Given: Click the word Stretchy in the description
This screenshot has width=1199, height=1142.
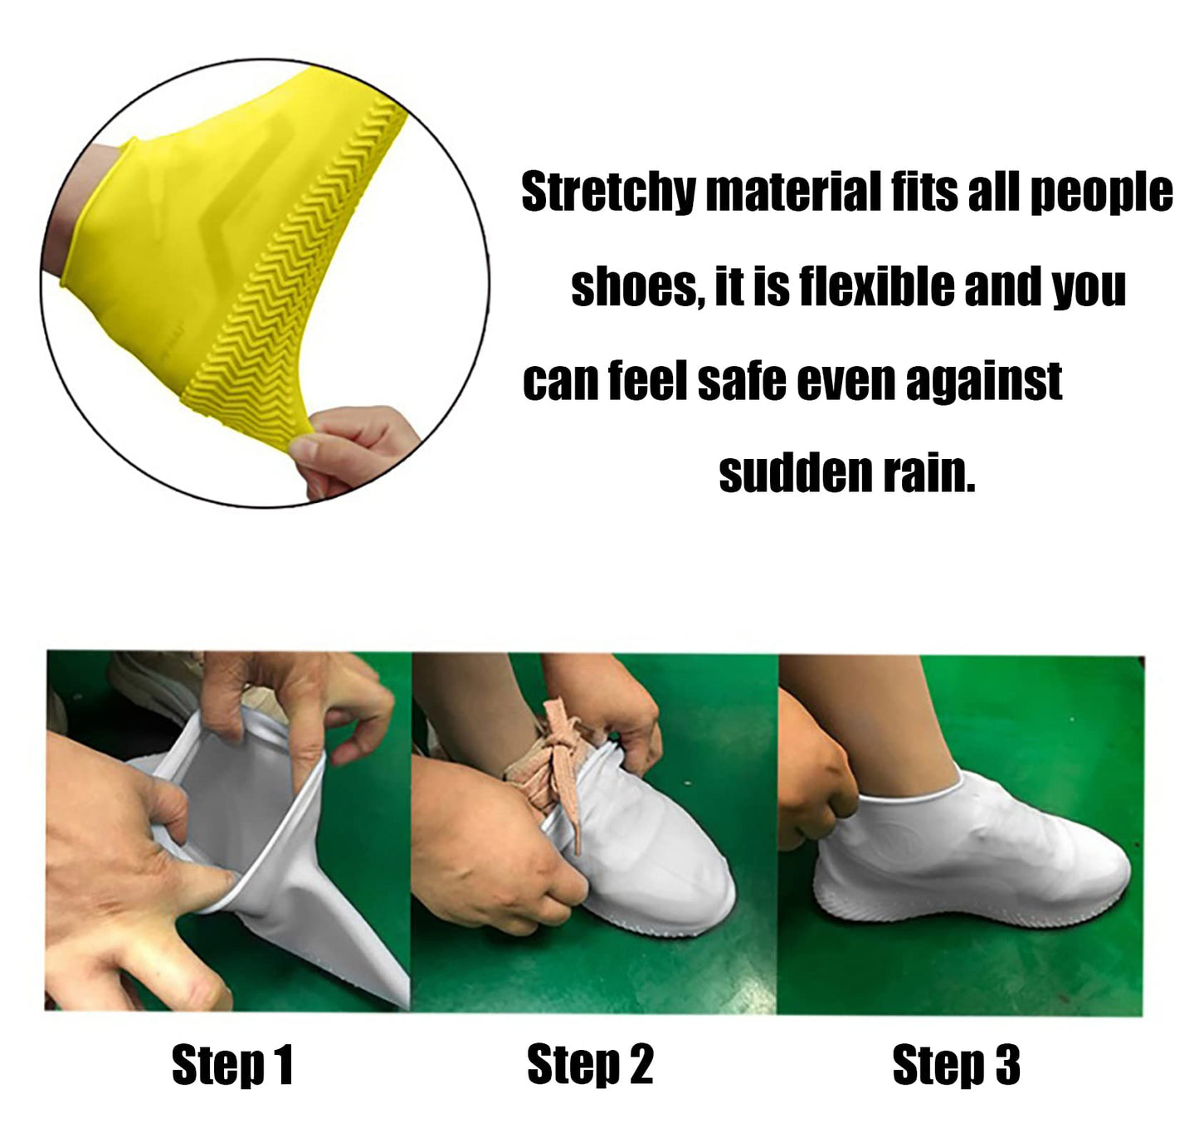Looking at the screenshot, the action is [x=608, y=193].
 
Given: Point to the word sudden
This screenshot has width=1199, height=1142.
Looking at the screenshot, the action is [x=796, y=474].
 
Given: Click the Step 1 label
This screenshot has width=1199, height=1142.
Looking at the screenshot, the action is [x=232, y=1065].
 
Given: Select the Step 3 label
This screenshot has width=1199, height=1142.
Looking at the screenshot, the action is [x=956, y=1065].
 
